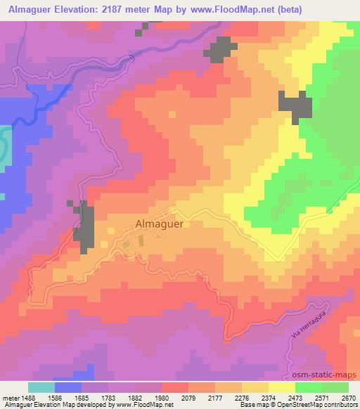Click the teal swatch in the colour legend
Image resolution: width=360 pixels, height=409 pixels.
click(41, 387)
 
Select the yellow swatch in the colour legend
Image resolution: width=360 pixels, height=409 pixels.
click(281, 387)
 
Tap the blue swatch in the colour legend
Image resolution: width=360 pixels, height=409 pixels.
click(68, 387)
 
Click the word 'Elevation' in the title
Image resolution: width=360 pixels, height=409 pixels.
click(78, 8)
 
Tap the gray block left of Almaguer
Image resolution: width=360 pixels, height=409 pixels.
click(85, 227)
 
